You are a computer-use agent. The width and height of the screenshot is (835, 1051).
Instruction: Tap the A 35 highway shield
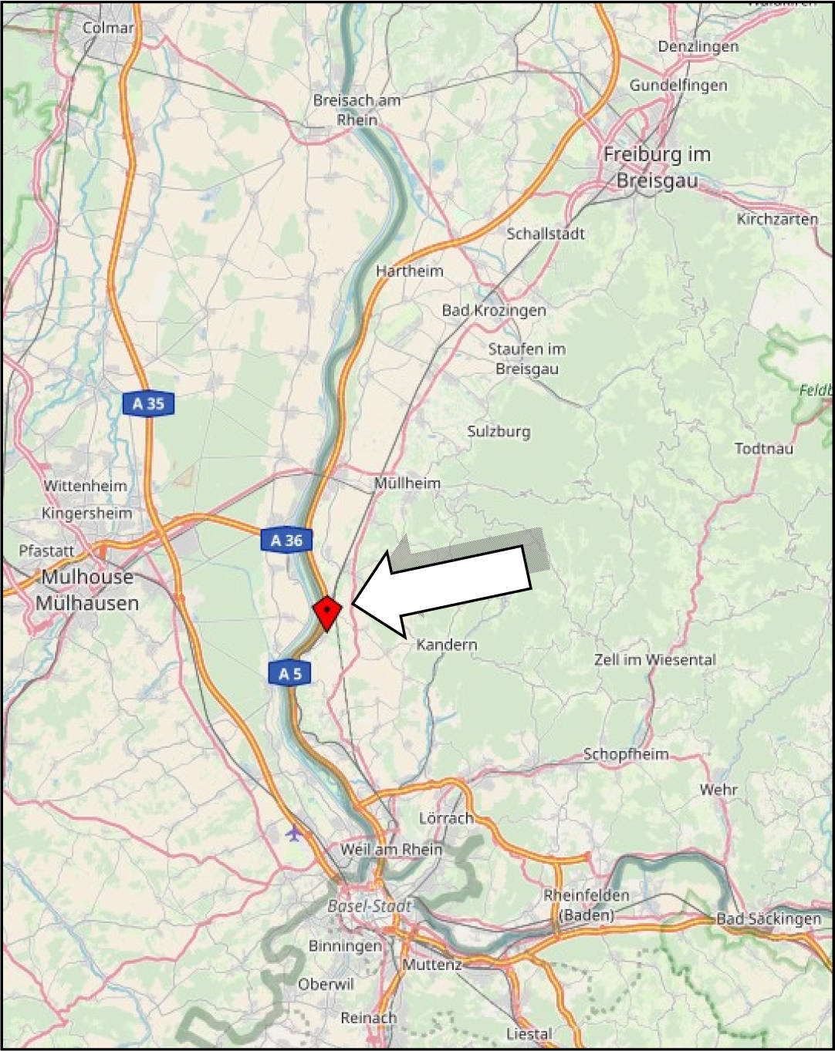coord(148,403)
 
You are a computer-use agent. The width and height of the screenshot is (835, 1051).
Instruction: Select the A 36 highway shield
coord(286,541)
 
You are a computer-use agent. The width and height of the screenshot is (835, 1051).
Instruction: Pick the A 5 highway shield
coord(289,674)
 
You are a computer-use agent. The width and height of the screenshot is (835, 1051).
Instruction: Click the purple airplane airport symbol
coord(294,834)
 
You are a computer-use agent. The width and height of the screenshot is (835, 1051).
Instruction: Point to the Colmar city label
coord(108,28)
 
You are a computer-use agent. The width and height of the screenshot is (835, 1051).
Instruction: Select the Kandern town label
coord(447,645)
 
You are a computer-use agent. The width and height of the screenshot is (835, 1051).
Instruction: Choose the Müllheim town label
coord(407,483)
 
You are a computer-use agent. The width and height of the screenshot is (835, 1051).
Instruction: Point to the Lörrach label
coord(446,818)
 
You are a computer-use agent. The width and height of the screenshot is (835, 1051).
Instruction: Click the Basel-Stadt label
coord(370,906)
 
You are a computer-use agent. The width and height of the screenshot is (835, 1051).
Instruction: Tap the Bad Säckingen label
coord(769,918)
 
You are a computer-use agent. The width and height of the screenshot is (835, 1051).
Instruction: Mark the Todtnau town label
coord(763,449)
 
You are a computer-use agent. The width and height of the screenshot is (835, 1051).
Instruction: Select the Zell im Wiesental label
coord(654,660)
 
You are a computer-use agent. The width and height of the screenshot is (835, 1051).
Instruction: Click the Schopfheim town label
coord(626,754)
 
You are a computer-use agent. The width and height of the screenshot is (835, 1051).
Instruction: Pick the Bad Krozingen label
coord(494,310)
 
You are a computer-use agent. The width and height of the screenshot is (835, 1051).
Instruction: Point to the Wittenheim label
coord(85,486)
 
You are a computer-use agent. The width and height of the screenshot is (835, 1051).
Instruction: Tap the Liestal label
coord(529,1034)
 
